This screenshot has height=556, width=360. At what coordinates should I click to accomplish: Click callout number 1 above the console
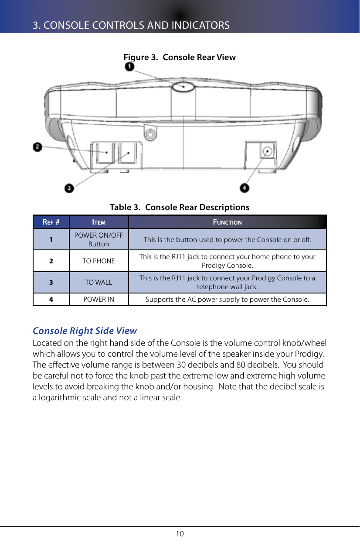pos(129,67)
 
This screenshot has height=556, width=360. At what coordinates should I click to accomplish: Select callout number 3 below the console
pos(69,188)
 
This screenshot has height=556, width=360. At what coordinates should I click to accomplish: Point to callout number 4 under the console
pos(245,188)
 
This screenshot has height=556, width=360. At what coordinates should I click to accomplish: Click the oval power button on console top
pos(183,86)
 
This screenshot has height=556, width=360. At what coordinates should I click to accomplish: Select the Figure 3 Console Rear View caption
pos(180,58)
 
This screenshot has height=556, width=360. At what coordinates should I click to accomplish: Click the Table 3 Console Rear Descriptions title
pos(180,207)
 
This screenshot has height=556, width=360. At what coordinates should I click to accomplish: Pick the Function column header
pos(227,222)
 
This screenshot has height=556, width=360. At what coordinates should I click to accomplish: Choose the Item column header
pos(99,222)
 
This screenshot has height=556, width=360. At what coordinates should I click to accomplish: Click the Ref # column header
pos(51,222)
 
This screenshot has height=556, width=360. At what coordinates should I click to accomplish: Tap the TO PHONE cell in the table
pos(99,261)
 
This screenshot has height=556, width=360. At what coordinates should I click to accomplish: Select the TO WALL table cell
pos(99,282)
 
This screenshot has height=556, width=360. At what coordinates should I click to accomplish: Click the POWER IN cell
pos(99,300)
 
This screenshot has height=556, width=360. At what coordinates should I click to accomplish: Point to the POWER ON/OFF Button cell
pos(99,239)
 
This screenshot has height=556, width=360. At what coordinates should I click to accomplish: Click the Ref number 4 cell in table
pos(51,300)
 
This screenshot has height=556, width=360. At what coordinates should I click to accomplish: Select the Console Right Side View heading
pos(85,331)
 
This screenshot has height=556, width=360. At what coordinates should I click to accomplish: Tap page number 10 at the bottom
pos(180,534)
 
